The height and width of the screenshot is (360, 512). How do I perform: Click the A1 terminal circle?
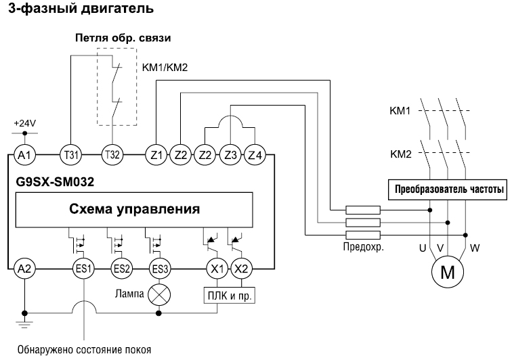click(x=24, y=155)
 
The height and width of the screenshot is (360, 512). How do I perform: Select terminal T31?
click(x=70, y=155)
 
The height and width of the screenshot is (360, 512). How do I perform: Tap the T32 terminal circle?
click(x=112, y=155)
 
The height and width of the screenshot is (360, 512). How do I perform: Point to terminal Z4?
click(x=254, y=155)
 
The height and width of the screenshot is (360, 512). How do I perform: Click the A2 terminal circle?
click(x=24, y=269)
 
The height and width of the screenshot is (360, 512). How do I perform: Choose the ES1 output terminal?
click(x=84, y=269)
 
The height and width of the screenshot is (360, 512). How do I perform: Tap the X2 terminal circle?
click(x=241, y=269)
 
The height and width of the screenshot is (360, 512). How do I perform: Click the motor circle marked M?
click(x=448, y=273)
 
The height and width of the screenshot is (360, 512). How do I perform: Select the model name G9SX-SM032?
click(x=54, y=182)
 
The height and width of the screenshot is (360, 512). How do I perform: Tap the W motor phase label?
click(x=474, y=248)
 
